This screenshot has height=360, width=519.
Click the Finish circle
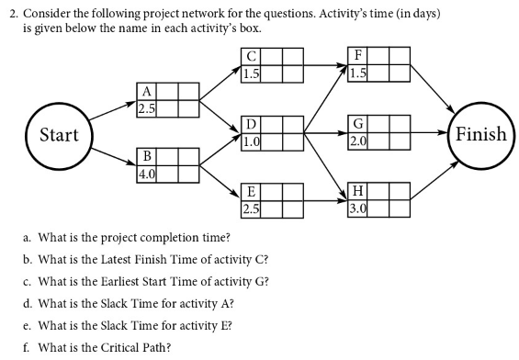point(480,135)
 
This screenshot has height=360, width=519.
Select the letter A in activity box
point(145,91)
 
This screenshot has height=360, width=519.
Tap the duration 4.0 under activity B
point(145,173)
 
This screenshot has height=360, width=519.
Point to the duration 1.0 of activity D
point(251,141)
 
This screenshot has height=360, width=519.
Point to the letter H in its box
point(359,192)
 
